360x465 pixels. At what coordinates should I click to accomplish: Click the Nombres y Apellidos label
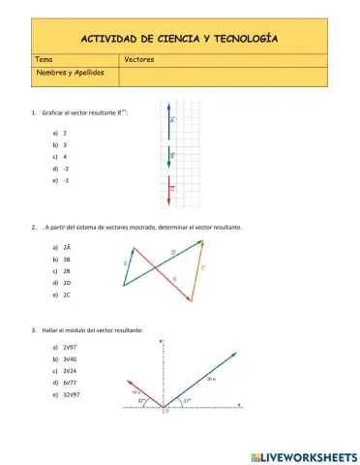(x=71, y=73)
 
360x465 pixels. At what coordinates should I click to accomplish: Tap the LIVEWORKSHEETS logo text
(x=309, y=455)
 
